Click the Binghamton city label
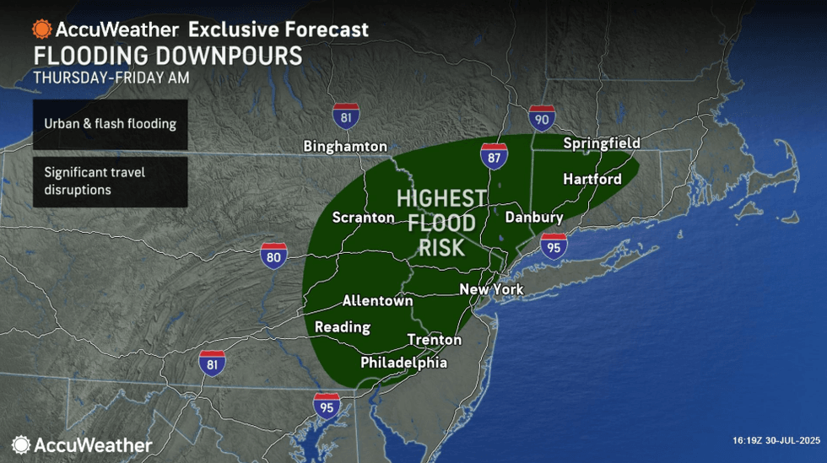(x=345, y=146)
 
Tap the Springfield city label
(x=602, y=143)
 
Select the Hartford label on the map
(x=592, y=179)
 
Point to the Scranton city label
(x=363, y=218)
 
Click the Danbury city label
(x=533, y=218)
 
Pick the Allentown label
(x=377, y=300)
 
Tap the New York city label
(x=491, y=289)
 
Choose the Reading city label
(x=342, y=326)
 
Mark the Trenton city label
(x=435, y=340)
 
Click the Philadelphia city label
(x=403, y=363)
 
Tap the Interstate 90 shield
(x=542, y=119)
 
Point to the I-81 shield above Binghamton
(x=346, y=116)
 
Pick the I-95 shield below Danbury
(x=554, y=245)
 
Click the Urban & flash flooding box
(x=111, y=124)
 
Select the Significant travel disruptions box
(x=111, y=181)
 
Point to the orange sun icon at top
(x=41, y=29)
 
